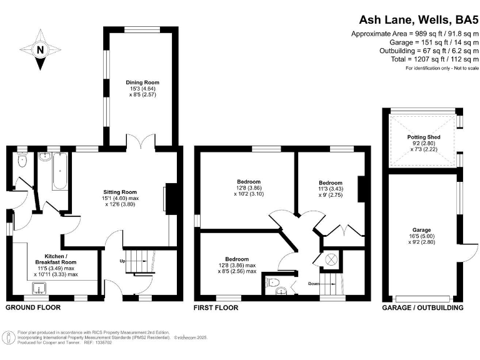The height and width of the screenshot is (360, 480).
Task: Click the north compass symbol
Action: pyautogui.click(x=41, y=50)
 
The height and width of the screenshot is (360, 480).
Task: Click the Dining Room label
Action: pyautogui.click(x=142, y=82)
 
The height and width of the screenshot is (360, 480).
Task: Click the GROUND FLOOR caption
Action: pyautogui.click(x=33, y=307)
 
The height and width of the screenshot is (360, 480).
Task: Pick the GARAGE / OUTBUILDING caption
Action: pyautogui.click(x=423, y=307)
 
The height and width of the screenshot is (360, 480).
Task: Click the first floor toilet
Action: pyautogui.click(x=272, y=283)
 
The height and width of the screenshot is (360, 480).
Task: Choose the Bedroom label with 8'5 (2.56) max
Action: pyautogui.click(x=237, y=259)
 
